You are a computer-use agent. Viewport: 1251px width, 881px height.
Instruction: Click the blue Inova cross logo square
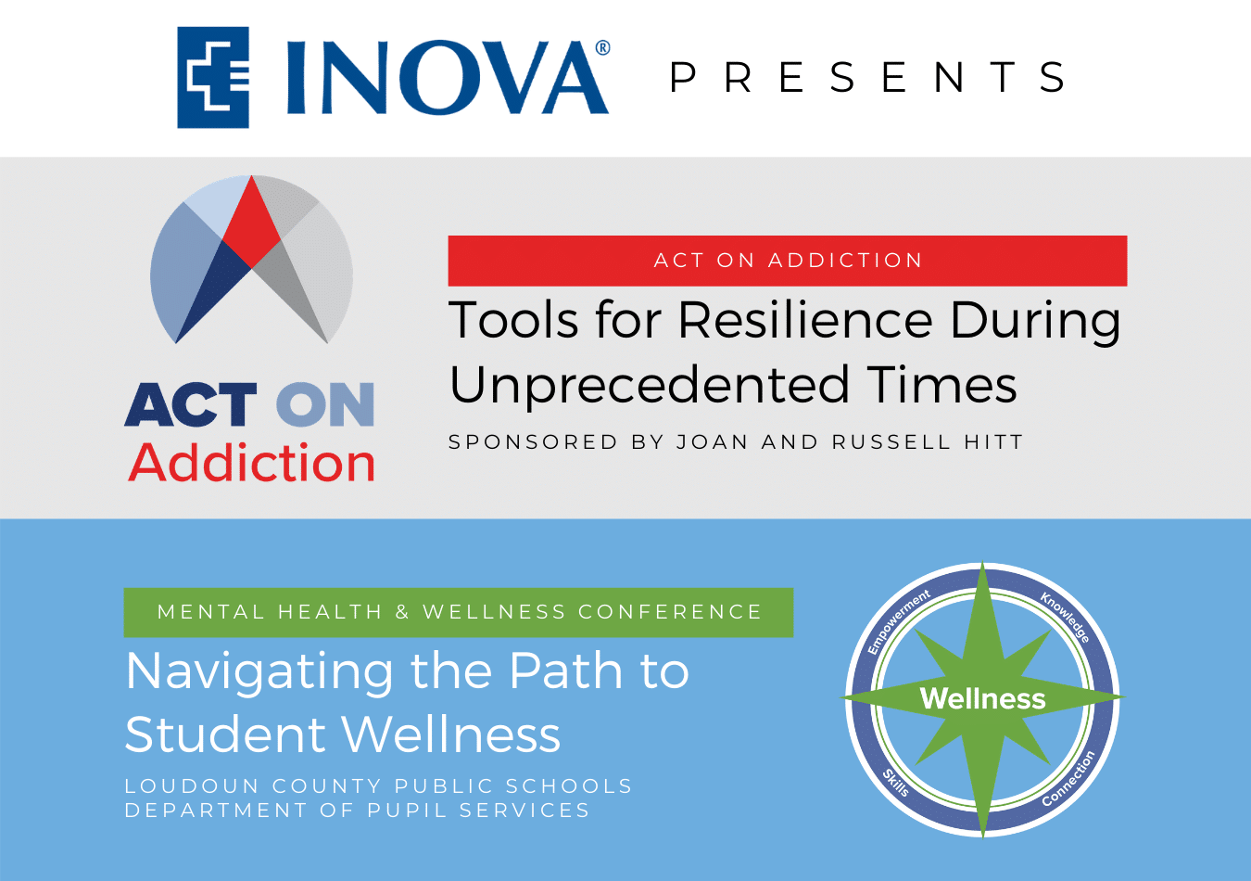pos(213,77)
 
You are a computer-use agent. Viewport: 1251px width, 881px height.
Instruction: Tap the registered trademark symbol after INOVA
pos(602,47)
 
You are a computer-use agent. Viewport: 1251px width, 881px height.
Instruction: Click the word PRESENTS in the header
pos(868,77)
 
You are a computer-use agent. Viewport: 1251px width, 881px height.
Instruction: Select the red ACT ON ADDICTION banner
pos(788,261)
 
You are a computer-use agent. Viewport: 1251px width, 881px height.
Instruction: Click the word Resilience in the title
pos(805,320)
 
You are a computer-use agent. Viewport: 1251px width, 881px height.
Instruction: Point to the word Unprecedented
pos(649,386)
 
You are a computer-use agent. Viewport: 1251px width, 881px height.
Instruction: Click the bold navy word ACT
pos(191,404)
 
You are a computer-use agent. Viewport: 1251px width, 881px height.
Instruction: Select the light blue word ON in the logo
pos(325,404)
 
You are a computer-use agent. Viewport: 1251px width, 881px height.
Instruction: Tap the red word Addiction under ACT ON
pos(251,463)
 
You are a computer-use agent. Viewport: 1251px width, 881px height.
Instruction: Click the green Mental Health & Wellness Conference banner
pos(459,612)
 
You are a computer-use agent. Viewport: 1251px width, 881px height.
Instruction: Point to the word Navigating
pos(259,672)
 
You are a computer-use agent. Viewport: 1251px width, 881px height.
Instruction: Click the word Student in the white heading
pos(225,734)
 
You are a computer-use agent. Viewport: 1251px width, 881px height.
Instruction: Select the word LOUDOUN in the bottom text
pos(192,786)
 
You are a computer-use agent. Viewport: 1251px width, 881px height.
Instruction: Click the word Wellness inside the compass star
pos(983,698)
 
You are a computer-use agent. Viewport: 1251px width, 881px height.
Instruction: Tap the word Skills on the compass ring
pos(896,783)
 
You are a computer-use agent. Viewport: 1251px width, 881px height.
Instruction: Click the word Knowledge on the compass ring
pos(1065,618)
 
